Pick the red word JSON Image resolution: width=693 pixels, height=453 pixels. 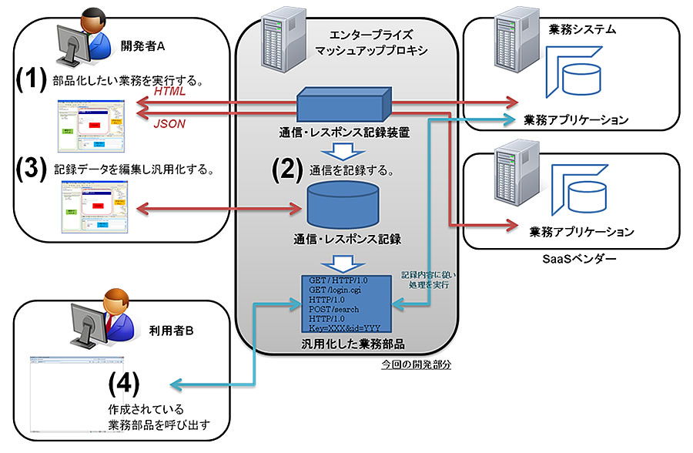coord(170,123)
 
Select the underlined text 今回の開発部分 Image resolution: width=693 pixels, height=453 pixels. coord(416,363)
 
